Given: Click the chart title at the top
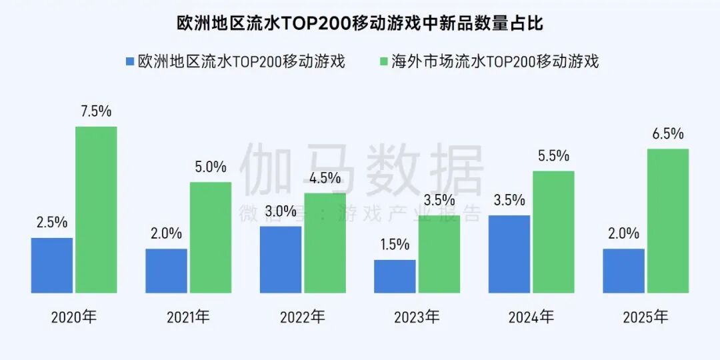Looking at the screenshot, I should coord(360,24).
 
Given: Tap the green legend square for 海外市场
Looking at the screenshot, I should coord(383,62).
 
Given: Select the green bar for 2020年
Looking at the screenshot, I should coord(96,209).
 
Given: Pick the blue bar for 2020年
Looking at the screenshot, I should coord(52,265).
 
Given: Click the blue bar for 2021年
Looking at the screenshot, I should coord(167,271).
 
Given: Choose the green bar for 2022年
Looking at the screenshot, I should coord(325,243).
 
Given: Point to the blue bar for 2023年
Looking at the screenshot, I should coord(395,276).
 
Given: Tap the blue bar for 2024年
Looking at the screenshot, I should coord(509,254).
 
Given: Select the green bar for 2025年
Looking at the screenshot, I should coord(668,221).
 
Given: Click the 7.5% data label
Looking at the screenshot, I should coord(96,112).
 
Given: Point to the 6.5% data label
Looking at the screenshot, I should coord(668,134).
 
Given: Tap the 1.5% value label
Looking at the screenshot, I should coord(395,245).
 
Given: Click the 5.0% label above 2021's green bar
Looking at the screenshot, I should coord(211,167).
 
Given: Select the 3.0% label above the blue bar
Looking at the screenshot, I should coord(280,211).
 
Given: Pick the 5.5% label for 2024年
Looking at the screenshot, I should coord(553,156).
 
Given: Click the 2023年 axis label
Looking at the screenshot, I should coord(417,317).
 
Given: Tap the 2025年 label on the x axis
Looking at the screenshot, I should coord(645,317).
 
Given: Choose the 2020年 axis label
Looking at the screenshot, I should coord(73,317).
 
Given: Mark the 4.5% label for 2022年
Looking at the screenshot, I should coord(325,178).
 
